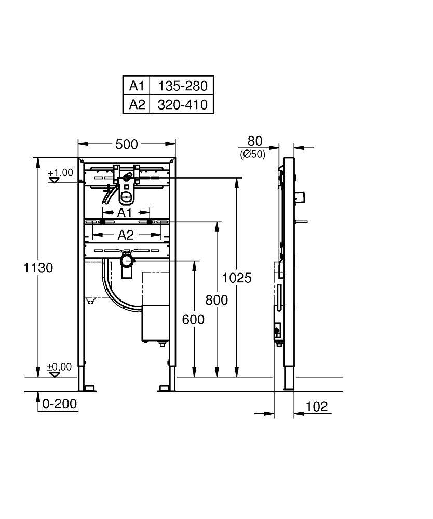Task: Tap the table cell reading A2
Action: click(x=136, y=104)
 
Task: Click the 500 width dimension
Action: click(x=126, y=144)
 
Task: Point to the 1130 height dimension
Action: click(x=38, y=268)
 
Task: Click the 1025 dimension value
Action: click(x=236, y=278)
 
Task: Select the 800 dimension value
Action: click(x=216, y=300)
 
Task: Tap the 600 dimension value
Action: click(x=193, y=320)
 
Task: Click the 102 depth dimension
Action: click(x=317, y=406)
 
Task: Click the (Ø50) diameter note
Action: click(x=253, y=154)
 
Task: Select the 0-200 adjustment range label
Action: click(x=60, y=404)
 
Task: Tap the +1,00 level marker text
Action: click(x=61, y=173)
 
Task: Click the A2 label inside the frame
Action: click(x=125, y=235)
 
